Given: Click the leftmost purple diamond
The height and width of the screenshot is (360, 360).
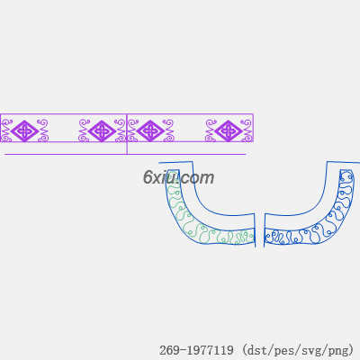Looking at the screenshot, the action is coord(24,131).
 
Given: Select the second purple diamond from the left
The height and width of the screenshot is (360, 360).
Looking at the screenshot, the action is coord(102,131).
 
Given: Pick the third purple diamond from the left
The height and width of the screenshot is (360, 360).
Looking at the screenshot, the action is coord(150,131).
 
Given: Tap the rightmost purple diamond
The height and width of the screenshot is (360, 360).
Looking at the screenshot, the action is coord(229,131).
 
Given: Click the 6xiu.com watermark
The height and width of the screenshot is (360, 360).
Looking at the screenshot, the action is coord(178,177).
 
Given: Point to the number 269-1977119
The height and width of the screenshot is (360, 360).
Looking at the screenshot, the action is coord(196,350).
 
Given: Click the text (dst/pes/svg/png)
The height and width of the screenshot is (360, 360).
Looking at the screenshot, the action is coord(298,350).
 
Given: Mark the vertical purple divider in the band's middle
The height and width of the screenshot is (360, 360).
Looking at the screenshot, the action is coord(127,134).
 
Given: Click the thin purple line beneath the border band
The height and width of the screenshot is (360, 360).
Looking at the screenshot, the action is coord(123,155).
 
